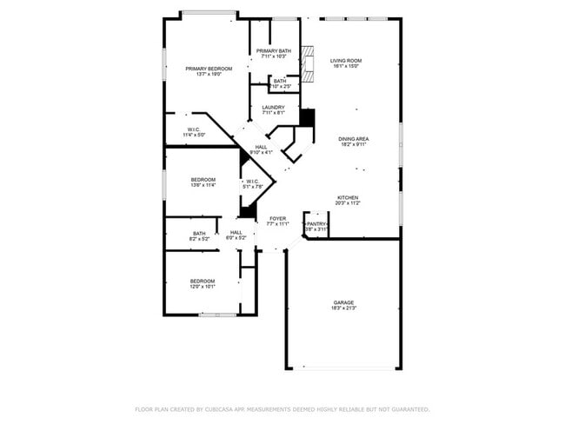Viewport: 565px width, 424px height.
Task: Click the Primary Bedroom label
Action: pyautogui.click(x=209, y=69)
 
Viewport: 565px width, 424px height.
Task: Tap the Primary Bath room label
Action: pyautogui.click(x=273, y=51)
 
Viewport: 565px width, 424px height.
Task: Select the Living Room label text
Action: pyautogui.click(x=346, y=61)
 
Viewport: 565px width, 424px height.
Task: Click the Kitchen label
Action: pyautogui.click(x=349, y=196)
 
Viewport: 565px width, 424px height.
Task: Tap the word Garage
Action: pyautogui.click(x=342, y=302)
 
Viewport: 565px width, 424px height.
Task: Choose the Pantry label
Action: pyautogui.click(x=316, y=224)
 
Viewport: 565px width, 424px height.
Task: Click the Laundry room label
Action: pyautogui.click(x=274, y=108)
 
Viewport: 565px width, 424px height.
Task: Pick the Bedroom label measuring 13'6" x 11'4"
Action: pyautogui.click(x=203, y=180)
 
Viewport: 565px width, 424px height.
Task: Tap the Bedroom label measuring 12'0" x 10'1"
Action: pyautogui.click(x=203, y=281)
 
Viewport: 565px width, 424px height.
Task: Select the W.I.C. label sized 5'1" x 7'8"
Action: pyautogui.click(x=253, y=181)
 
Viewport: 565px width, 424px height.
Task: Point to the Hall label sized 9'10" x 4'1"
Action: pyautogui.click(x=261, y=147)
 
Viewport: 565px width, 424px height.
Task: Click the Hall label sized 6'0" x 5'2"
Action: pyautogui.click(x=236, y=232)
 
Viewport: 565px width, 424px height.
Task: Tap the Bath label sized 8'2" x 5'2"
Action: pyautogui.click(x=199, y=233)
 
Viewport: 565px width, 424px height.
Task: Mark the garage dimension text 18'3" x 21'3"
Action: pyautogui.click(x=342, y=308)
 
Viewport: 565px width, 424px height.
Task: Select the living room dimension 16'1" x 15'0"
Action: pyautogui.click(x=346, y=66)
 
